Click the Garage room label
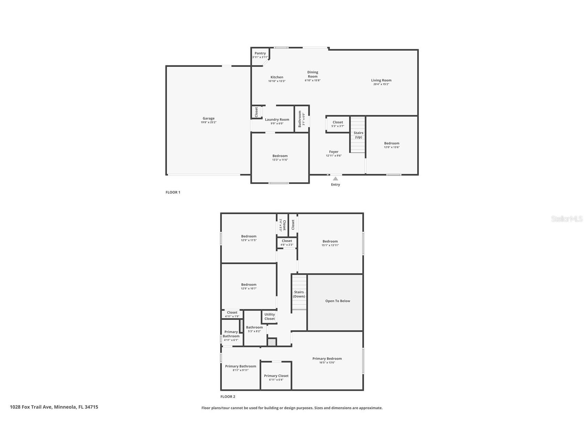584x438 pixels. [208, 118]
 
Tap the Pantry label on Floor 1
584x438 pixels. [260, 53]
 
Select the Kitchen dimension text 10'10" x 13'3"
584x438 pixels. [277, 81]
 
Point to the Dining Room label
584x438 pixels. [312, 74]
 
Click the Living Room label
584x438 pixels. [381, 80]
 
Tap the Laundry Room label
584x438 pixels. [277, 119]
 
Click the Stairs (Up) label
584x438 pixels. [358, 135]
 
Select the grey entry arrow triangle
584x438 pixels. [335, 178]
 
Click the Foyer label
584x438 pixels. [333, 152]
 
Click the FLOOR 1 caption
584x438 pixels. [173, 192]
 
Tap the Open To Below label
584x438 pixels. [337, 301]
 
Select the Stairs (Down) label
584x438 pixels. [299, 294]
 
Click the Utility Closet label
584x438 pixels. [269, 316]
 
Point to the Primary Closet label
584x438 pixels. [276, 376]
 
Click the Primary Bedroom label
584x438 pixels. [327, 358]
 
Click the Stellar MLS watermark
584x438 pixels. [566, 219]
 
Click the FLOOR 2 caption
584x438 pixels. [228, 396]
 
